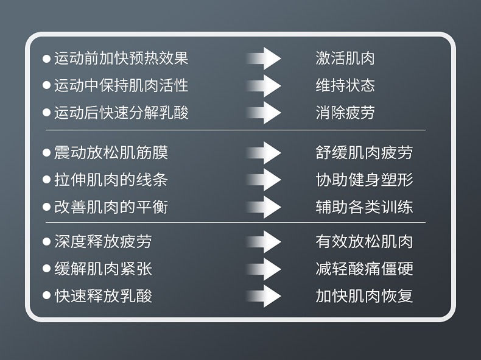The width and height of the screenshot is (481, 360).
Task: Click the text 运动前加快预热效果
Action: point(121,58)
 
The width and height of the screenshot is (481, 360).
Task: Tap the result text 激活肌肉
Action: point(345,58)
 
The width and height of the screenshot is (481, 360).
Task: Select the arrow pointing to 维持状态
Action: point(265,85)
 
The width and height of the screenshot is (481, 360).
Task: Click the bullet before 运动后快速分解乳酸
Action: point(46,113)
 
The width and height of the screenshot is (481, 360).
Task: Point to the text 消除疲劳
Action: point(345,113)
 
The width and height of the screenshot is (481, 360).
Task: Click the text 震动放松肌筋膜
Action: point(111,152)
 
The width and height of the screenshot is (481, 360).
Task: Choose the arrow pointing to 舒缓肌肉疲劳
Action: point(265,152)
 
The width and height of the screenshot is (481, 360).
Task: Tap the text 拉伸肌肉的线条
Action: point(111,180)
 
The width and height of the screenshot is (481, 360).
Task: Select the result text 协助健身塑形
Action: point(364,180)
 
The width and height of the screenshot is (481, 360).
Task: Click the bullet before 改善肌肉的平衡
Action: point(46,207)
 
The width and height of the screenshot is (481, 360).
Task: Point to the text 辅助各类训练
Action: point(364,207)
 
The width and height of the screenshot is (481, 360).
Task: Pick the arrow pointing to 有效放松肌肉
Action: point(265,241)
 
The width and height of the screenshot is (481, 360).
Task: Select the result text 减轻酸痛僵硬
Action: point(364,269)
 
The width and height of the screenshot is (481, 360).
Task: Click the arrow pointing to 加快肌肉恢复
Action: point(265,296)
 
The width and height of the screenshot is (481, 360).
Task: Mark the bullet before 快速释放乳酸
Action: point(46,296)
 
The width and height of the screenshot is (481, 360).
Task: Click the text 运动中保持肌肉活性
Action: point(121,85)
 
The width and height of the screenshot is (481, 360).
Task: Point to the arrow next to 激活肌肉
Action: point(265,58)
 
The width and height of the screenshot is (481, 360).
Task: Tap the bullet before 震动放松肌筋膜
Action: point(46,152)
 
